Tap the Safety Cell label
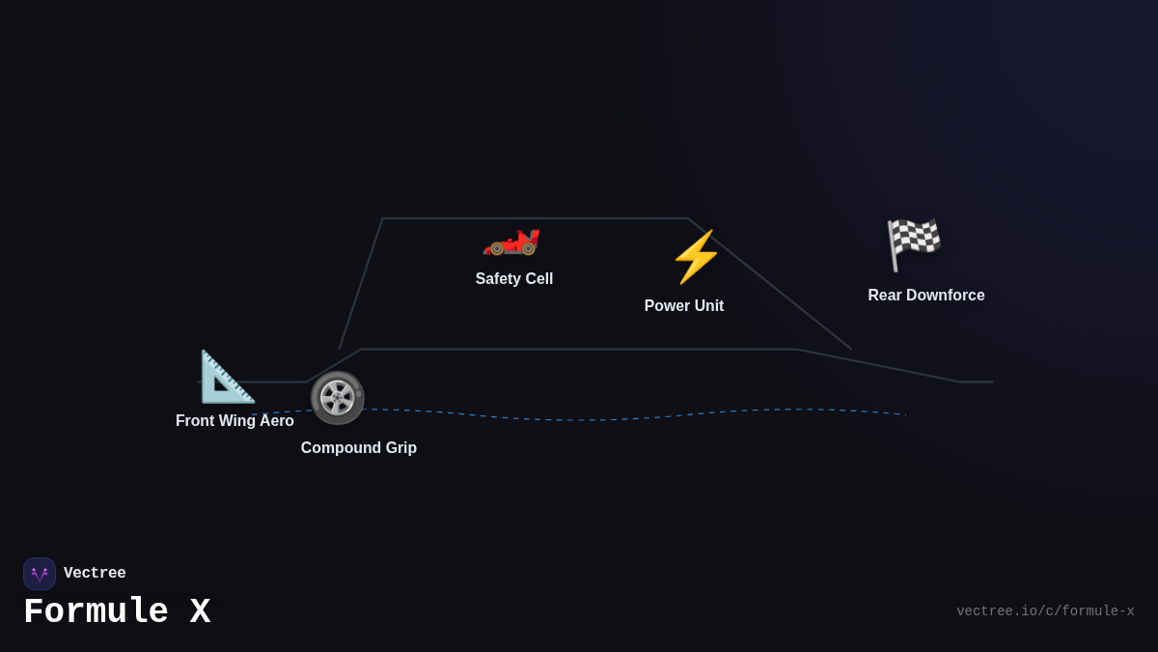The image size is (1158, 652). coord(513,279)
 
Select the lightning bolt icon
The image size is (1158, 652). coord(696,257)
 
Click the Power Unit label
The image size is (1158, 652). coord(683,306)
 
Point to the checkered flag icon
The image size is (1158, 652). coord(913,243)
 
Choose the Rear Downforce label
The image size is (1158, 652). coord(925,296)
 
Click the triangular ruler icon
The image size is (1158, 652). coord(227,377)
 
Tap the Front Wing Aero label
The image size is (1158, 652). coord(234,421)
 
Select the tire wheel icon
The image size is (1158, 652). coord(337,398)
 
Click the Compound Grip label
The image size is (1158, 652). coord(358,448)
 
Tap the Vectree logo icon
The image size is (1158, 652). coord(40,574)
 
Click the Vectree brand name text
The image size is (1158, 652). coord(95,574)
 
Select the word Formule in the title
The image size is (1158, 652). coord(96,612)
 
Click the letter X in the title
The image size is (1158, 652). coord(200,612)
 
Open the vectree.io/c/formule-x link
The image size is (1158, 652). coord(1045,611)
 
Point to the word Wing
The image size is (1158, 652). coord(241,421)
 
